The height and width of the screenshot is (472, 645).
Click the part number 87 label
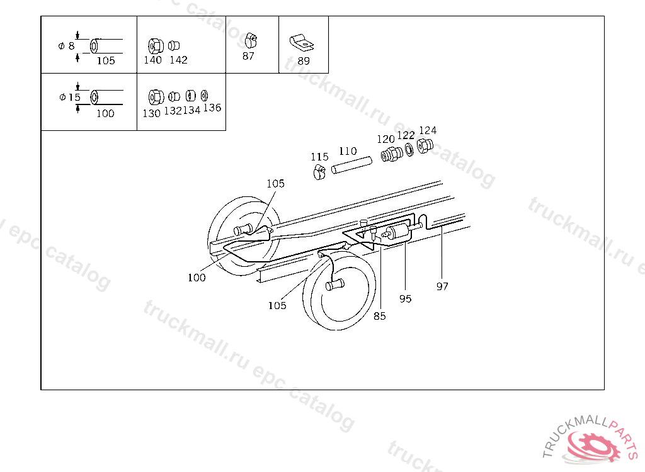[248, 56]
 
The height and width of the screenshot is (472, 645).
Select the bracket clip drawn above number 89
[302, 43]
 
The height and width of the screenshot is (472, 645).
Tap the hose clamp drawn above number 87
[251, 40]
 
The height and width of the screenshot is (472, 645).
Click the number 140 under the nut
[152, 60]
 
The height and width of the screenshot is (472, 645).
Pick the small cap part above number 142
[174, 45]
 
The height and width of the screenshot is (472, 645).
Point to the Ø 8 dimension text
[67, 46]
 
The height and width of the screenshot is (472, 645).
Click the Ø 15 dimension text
[70, 97]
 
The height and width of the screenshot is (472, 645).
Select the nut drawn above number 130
[156, 97]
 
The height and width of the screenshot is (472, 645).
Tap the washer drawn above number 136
[205, 96]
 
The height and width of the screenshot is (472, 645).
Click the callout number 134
[191, 110]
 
